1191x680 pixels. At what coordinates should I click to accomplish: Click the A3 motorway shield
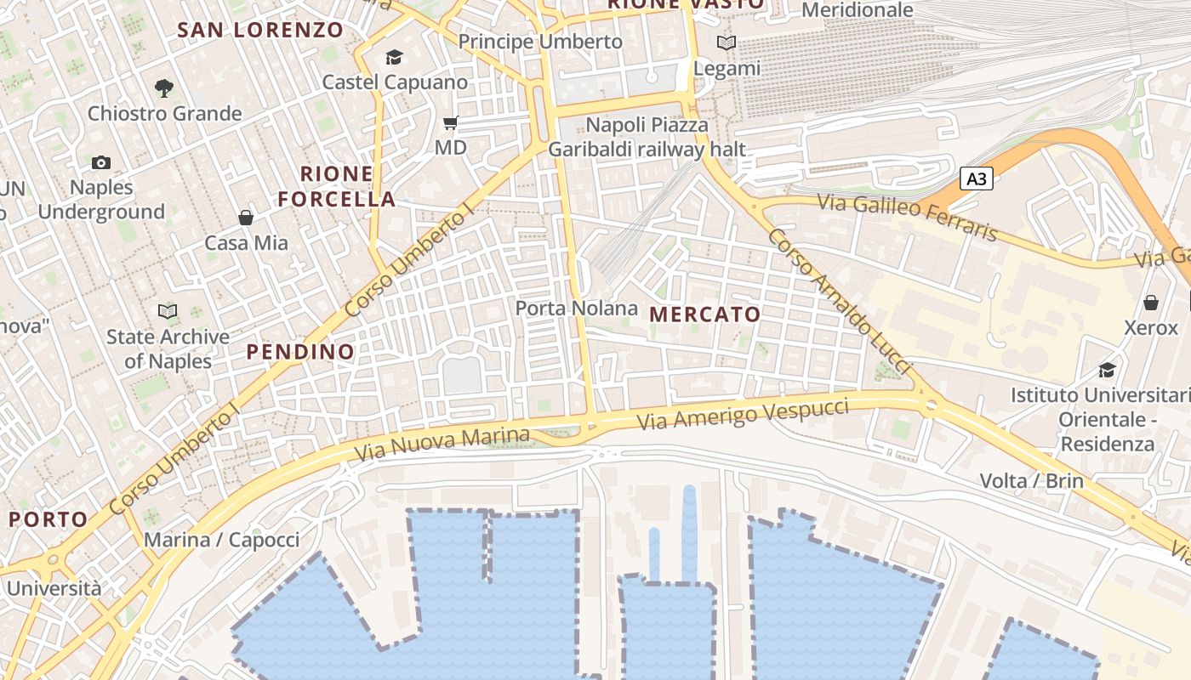977,178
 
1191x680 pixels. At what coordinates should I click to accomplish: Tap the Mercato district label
705,314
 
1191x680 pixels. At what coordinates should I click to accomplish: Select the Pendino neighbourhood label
300,351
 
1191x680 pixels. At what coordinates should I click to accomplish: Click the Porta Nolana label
577,308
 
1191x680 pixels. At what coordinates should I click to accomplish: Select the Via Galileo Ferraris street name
907,216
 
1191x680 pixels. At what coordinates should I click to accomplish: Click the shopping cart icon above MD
450,123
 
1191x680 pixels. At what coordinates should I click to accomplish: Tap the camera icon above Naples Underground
100,162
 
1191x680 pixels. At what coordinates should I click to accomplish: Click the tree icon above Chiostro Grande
163,87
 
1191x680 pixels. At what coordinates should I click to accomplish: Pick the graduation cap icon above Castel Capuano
394,57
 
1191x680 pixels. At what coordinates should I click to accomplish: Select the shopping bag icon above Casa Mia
246,218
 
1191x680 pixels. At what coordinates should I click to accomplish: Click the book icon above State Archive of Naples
168,312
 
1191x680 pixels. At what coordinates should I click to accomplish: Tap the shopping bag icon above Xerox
1150,303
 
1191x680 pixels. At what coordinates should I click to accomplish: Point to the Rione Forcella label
337,186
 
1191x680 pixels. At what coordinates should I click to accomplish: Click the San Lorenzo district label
260,31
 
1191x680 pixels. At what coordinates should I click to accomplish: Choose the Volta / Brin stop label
1031,481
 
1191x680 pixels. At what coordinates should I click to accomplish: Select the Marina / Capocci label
221,540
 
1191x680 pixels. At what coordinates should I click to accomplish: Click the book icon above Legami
726,42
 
